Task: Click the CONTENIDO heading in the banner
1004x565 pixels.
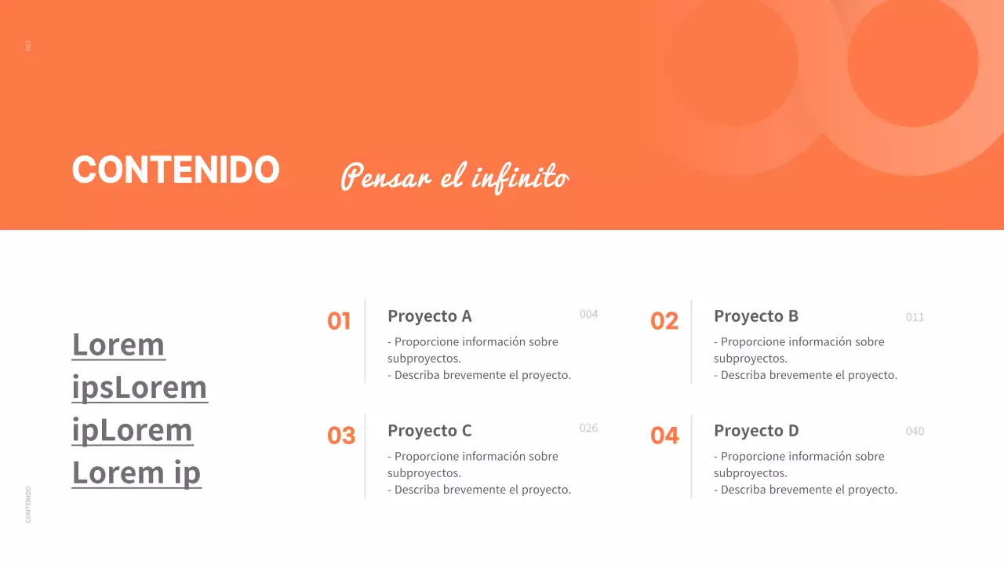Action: (x=176, y=169)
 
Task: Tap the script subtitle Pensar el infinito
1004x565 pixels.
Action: (x=454, y=176)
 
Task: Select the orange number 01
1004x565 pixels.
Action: (x=339, y=321)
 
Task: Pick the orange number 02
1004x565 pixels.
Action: (x=664, y=321)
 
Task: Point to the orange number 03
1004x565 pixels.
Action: (x=341, y=436)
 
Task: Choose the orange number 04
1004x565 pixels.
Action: (x=664, y=436)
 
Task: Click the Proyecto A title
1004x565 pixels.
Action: (x=430, y=316)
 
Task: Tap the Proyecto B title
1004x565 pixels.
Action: (x=756, y=316)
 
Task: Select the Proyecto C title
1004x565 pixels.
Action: (x=430, y=431)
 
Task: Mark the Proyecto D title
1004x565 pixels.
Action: (x=756, y=431)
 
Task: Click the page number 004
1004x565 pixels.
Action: (x=588, y=315)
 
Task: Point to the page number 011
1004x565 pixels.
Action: (x=915, y=318)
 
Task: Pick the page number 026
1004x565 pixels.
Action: (x=588, y=428)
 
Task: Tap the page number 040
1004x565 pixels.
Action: (x=915, y=432)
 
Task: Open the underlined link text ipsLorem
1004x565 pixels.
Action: (x=140, y=388)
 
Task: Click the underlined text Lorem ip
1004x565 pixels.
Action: (x=136, y=472)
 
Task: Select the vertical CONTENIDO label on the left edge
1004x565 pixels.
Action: (x=29, y=504)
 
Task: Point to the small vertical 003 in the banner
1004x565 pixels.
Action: (x=29, y=46)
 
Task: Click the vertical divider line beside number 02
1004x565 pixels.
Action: (x=691, y=341)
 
